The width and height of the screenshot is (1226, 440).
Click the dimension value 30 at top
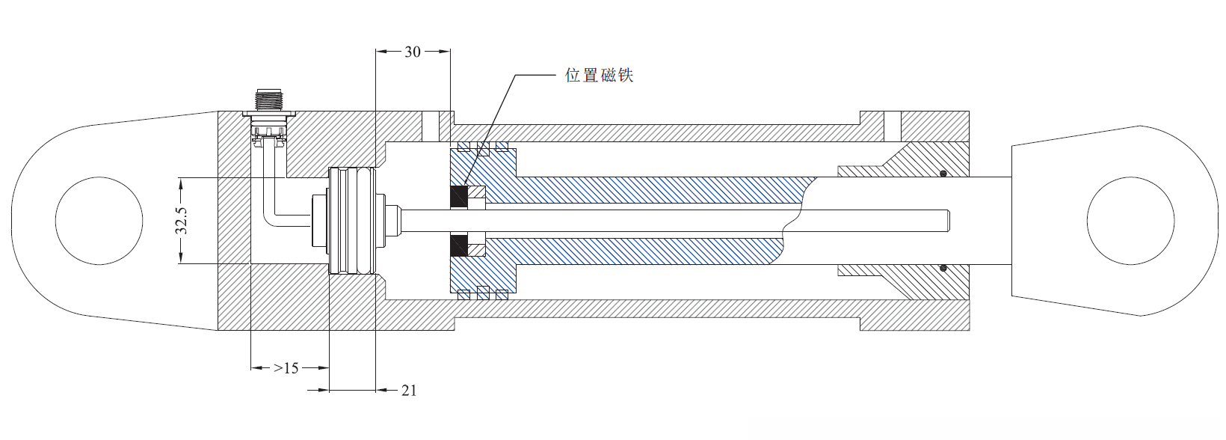tap(413, 52)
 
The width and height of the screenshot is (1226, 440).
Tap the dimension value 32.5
tap(182, 221)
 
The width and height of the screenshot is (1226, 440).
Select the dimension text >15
tap(286, 368)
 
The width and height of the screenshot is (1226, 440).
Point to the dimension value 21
tap(408, 390)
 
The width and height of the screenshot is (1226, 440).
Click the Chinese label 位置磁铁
tap(599, 76)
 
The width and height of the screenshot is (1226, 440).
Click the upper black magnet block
tap(458, 198)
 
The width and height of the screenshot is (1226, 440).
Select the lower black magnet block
tap(458, 245)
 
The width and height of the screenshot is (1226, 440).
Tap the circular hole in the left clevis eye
tap(99, 220)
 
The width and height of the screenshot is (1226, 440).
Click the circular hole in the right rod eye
tap(1130, 220)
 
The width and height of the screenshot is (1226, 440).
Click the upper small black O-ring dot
tap(943, 174)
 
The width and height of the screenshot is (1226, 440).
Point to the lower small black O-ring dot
tap(943, 267)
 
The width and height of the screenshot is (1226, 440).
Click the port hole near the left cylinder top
tap(430, 126)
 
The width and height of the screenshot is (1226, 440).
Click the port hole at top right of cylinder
tap(893, 126)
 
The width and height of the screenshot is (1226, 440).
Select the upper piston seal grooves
tap(482, 147)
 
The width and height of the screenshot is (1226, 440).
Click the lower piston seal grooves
tap(482, 293)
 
